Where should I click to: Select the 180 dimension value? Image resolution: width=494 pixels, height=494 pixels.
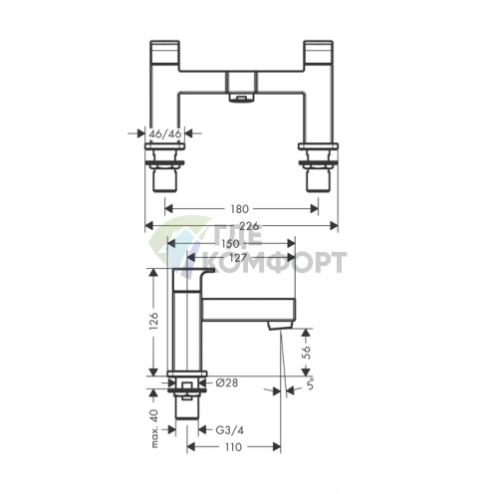click(238, 210)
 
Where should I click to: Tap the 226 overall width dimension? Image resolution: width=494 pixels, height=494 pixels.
click(249, 227)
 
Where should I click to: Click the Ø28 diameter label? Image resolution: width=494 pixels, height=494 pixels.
click(225, 383)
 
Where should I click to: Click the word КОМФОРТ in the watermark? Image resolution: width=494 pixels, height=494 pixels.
click(289, 263)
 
